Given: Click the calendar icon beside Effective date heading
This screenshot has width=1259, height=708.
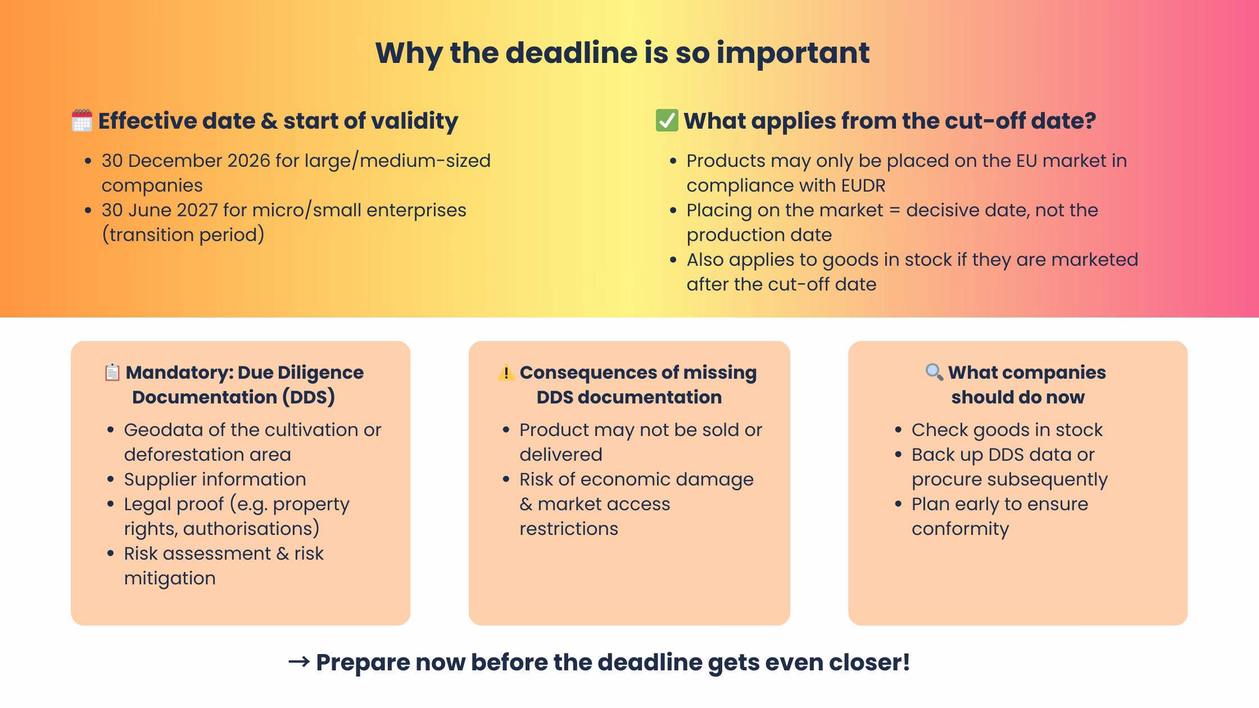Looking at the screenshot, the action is [x=82, y=121].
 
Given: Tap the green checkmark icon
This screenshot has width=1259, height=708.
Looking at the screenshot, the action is [x=667, y=121].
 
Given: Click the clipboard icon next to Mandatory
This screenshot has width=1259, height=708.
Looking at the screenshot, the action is [x=112, y=373].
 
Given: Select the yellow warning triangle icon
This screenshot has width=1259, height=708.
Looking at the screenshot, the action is [x=506, y=373].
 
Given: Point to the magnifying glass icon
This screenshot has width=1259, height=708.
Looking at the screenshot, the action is [x=934, y=372].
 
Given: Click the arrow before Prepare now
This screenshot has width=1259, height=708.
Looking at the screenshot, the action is [x=298, y=662].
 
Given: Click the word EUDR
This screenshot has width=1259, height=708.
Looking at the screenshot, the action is [x=863, y=185].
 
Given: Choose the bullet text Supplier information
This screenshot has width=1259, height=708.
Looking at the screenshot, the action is [x=215, y=479].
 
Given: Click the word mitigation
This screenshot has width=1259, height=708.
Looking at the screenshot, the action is [x=170, y=579].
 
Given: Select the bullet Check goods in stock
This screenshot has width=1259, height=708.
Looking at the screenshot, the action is [x=1007, y=430].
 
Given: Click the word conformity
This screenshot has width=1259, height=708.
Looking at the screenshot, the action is [x=961, y=529].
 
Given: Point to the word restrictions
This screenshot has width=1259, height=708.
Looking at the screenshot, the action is [x=569, y=529].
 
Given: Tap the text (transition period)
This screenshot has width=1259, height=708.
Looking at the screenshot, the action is [x=183, y=235].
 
